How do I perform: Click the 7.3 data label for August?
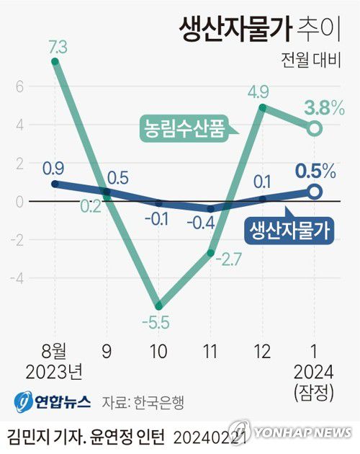tap(58, 47)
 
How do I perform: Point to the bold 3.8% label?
tap(324, 110)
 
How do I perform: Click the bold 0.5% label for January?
tap(315, 172)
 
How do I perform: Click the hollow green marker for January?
tap(315, 129)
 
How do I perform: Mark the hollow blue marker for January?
tap(315, 192)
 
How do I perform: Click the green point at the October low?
tap(158, 306)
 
